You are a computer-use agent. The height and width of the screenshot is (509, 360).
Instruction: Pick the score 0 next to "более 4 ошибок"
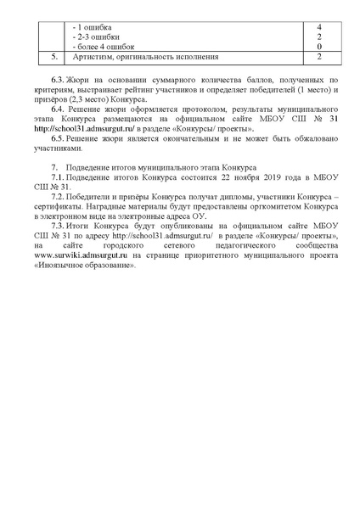[x=318, y=47]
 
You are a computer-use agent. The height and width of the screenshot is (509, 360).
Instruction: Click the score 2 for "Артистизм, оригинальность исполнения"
[x=318, y=57]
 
